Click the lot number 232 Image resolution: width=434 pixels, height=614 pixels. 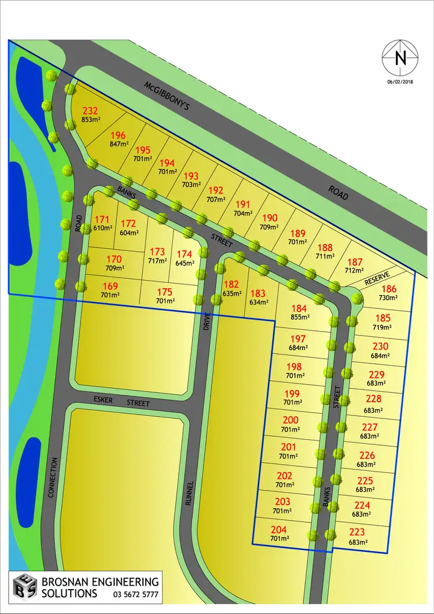[90, 111]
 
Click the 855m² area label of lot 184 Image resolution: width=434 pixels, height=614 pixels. [300, 317]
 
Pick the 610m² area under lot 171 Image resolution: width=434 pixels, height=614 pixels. [102, 228]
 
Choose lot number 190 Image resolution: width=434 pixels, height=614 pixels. [270, 218]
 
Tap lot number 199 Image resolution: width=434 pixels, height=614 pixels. [293, 394]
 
